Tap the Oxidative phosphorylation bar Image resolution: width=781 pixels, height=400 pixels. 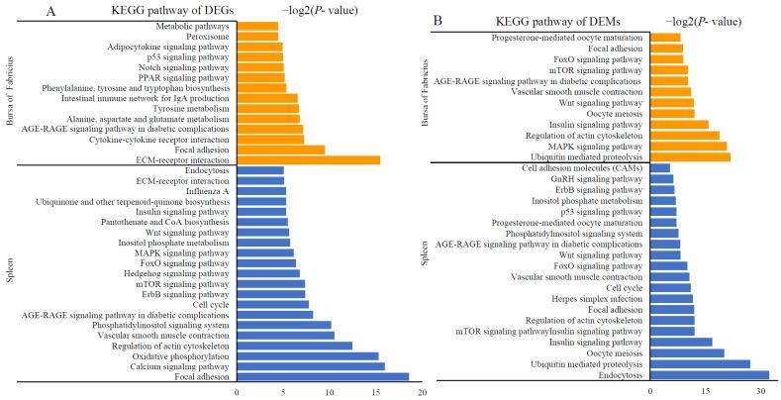(x=308, y=354)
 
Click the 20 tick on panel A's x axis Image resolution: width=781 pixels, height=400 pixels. (x=422, y=391)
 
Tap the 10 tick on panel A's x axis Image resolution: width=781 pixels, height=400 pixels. (x=330, y=391)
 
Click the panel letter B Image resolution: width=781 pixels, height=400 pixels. (x=441, y=17)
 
